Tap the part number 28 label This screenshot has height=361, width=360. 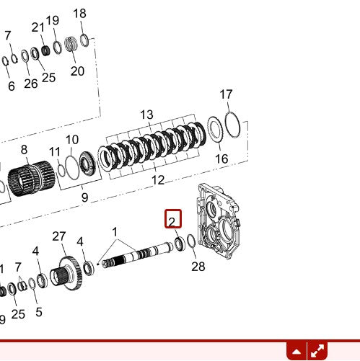point(198,267)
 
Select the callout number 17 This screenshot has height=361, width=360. point(227,94)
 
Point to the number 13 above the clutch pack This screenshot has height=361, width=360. point(147,115)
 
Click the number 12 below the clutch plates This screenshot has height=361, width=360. point(158,180)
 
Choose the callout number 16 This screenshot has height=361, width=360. point(221,159)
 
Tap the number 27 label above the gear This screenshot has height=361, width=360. point(59,236)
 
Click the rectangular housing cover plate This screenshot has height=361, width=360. point(221,223)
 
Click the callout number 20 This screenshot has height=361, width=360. point(77,71)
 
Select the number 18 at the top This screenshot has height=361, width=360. point(79,13)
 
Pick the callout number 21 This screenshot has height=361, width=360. point(38,27)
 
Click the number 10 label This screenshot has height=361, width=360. point(72,140)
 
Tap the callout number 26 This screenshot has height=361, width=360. point(30,83)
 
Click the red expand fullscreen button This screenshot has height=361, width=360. point(317,352)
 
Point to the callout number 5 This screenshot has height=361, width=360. point(38,312)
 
